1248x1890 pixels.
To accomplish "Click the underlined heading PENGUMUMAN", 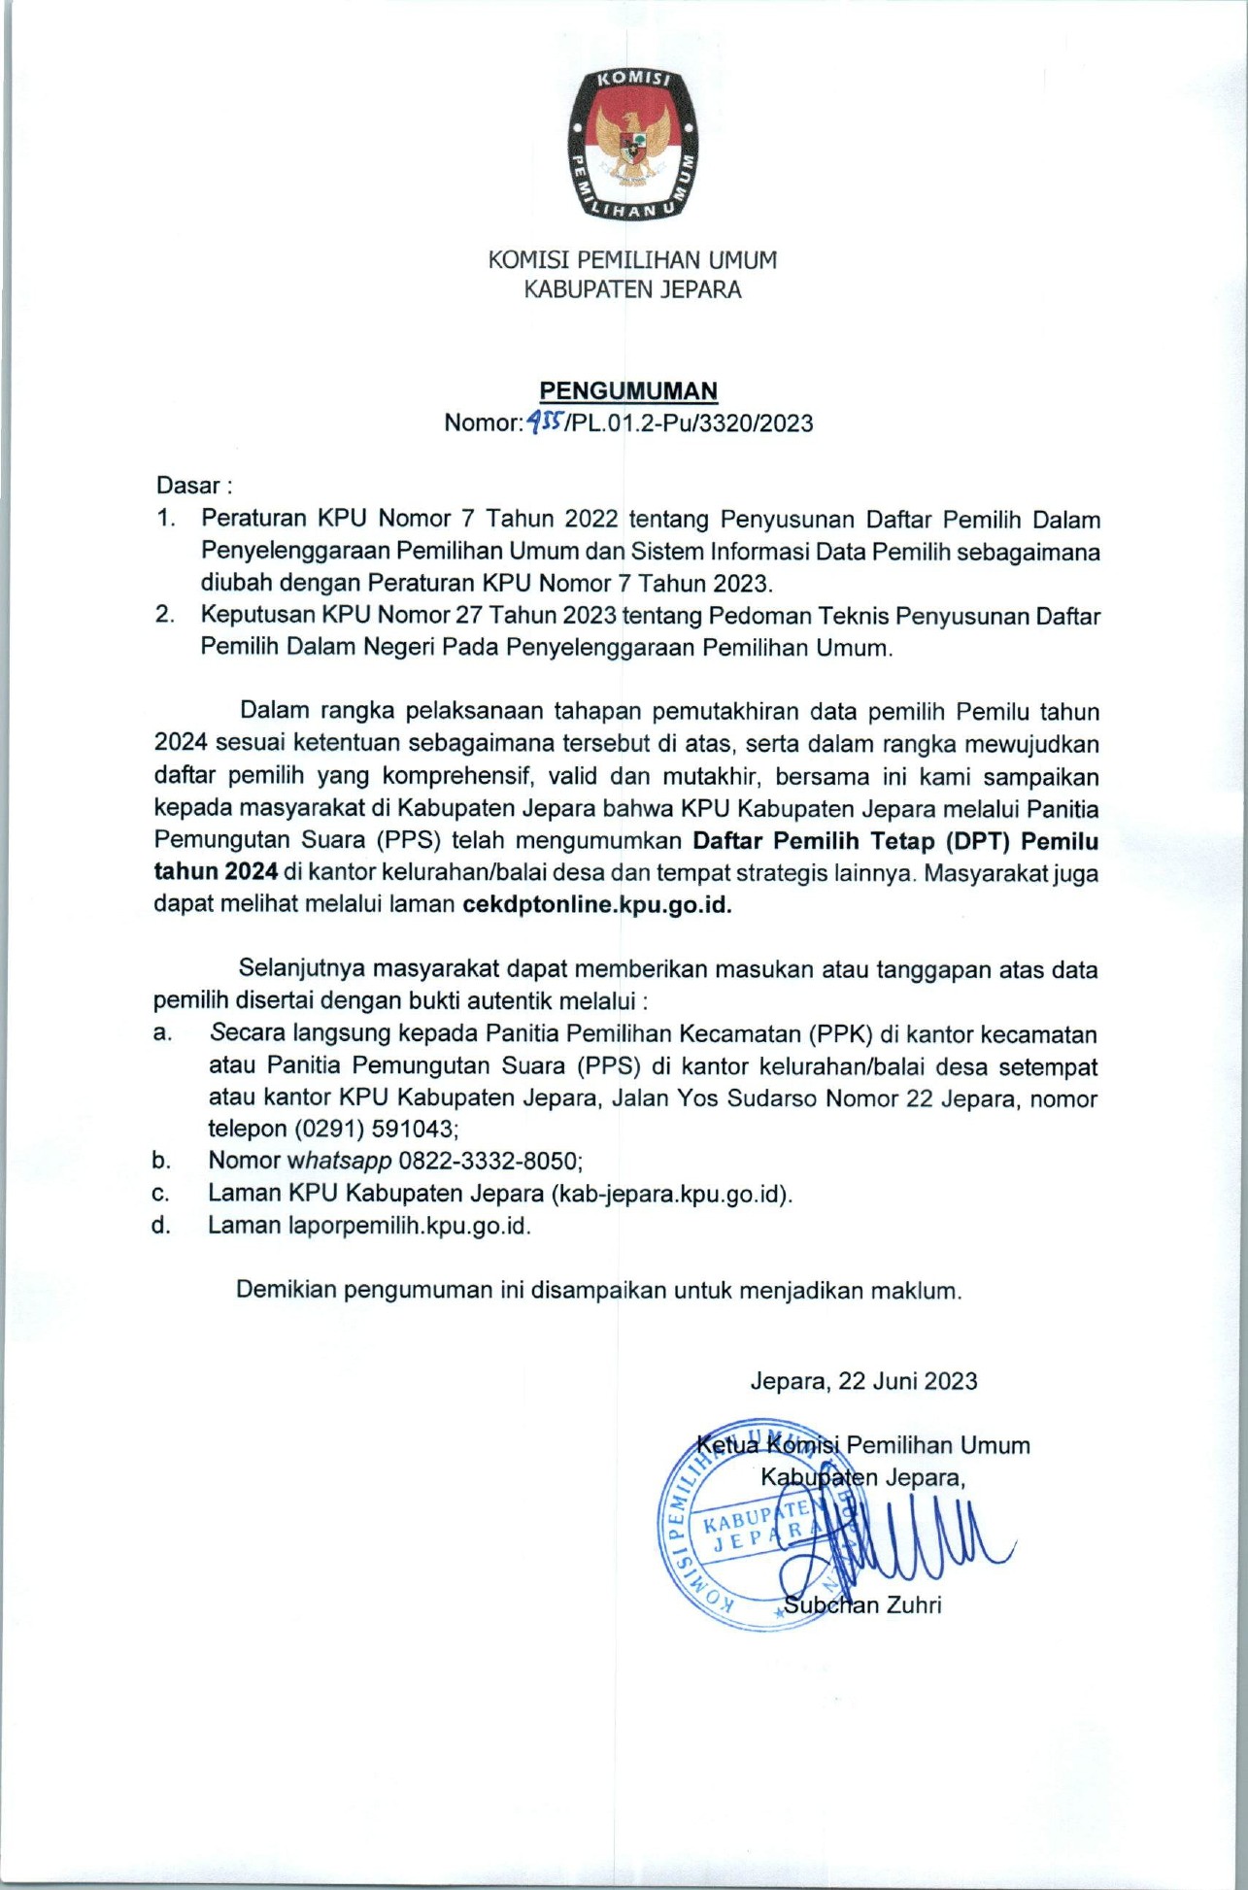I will point(628,390).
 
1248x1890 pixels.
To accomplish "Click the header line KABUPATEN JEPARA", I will point(632,289).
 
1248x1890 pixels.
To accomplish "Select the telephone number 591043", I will point(413,1129).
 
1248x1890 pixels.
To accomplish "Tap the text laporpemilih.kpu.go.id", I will point(409,1226).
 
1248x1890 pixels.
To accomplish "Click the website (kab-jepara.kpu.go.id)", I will point(671,1194).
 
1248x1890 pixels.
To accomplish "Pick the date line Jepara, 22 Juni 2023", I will point(863,1381).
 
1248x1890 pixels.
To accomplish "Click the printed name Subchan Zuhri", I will point(862,1605).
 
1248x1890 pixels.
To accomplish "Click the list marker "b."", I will point(161,1161).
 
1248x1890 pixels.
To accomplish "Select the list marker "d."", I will point(161,1226).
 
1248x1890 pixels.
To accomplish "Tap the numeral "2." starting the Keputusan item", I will point(165,615).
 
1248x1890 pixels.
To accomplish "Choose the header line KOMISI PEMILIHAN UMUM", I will point(632,260).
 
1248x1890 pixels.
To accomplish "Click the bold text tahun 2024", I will point(216,872).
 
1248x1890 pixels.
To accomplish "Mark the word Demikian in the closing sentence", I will point(287,1291).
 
